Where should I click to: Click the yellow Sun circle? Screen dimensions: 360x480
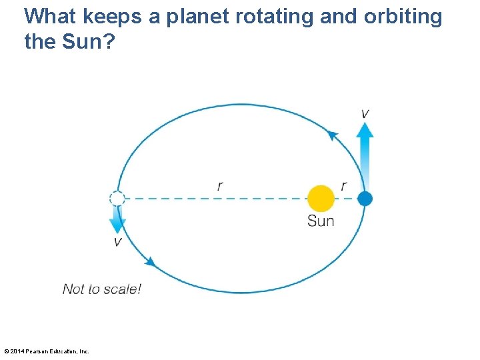pos(321,198)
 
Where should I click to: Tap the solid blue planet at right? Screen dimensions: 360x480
pos(365,198)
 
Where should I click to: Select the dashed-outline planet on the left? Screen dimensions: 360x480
pos(117,198)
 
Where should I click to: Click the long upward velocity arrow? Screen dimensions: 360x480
pos(365,157)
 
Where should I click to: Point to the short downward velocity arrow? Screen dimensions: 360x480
pos(117,219)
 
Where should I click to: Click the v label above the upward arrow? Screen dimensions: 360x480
pos(365,113)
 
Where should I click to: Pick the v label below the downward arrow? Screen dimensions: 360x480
pos(117,242)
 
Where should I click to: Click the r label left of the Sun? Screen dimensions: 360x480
pos(220,186)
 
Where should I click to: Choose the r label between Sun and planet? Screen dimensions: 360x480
pos(343,186)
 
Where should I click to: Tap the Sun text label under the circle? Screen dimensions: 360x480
pos(321,221)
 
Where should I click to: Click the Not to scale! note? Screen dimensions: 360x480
pos(102,289)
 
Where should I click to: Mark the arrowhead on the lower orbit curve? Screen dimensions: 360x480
pos(150,262)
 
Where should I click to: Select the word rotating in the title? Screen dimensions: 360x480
pos(273,17)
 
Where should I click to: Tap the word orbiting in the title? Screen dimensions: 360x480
pos(403,17)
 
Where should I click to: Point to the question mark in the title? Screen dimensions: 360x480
pos(109,41)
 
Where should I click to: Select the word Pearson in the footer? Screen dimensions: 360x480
pos(38,351)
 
